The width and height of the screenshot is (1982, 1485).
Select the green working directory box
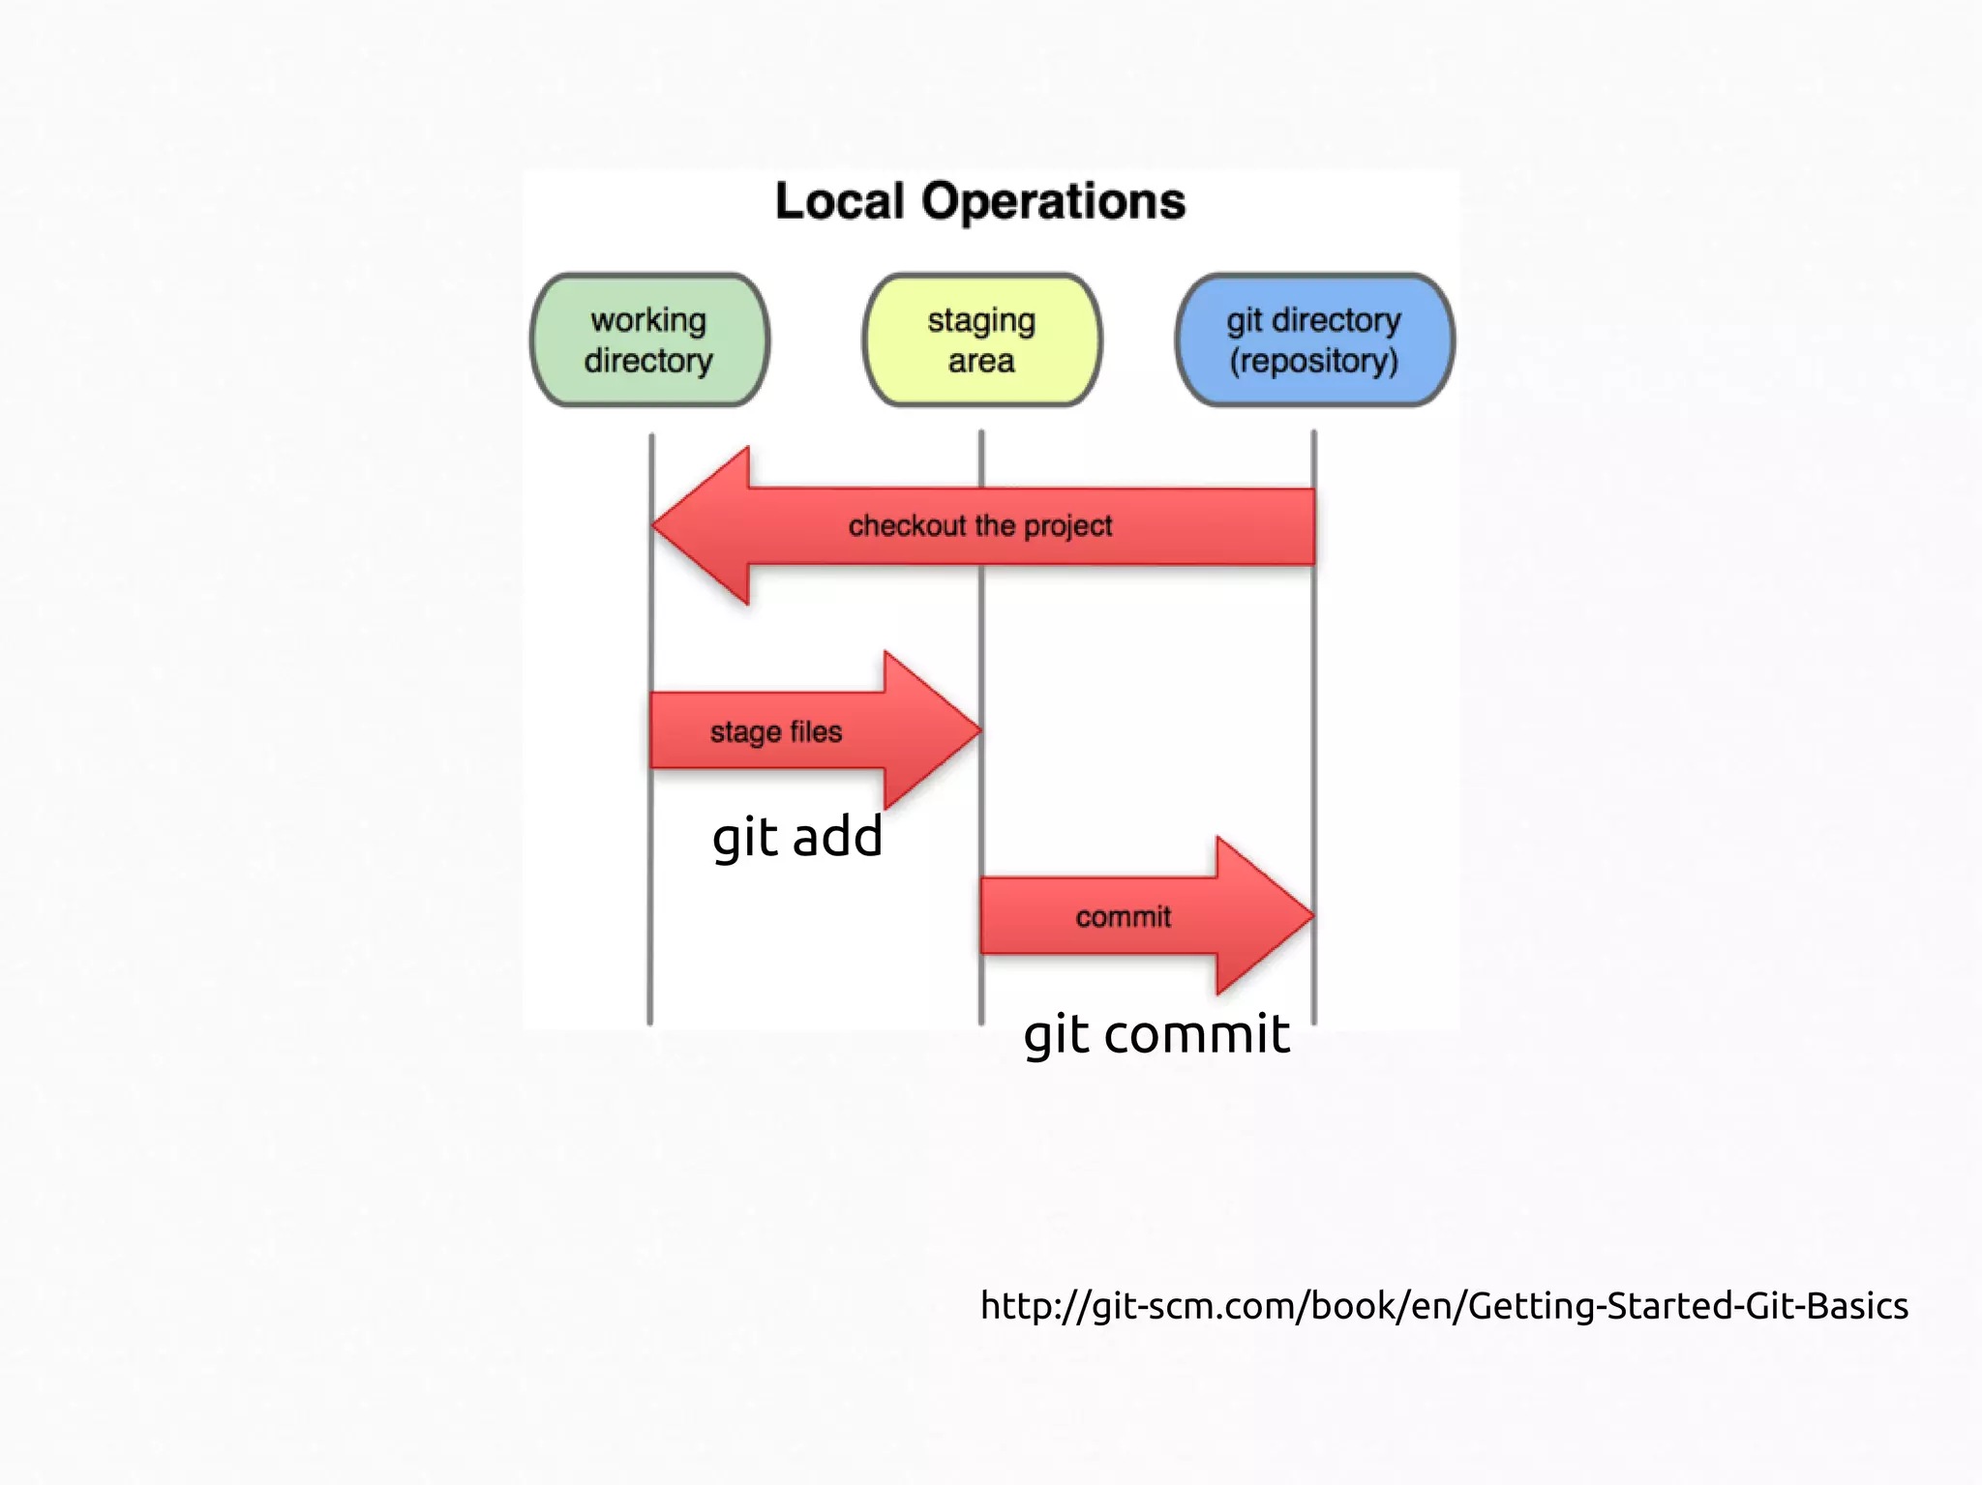[x=649, y=340]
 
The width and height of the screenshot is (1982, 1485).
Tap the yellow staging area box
[x=981, y=340]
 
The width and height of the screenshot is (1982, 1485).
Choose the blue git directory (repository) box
[x=1314, y=340]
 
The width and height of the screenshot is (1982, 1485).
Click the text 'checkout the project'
[x=979, y=526]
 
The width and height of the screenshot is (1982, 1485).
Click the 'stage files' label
[x=775, y=732]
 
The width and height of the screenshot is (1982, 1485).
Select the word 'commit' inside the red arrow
[x=1123, y=917]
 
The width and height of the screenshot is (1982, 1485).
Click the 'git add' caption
[x=796, y=838]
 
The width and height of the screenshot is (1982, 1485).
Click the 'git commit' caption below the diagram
[x=1156, y=1035]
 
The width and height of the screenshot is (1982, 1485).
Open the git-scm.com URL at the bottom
[x=1443, y=1306]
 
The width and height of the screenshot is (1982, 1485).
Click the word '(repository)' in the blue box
[x=1313, y=361]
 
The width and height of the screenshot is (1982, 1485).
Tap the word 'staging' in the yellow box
[x=981, y=320]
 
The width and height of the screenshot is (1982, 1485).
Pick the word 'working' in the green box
[x=648, y=320]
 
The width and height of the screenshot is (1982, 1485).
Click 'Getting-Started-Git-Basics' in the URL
[x=1688, y=1306]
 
